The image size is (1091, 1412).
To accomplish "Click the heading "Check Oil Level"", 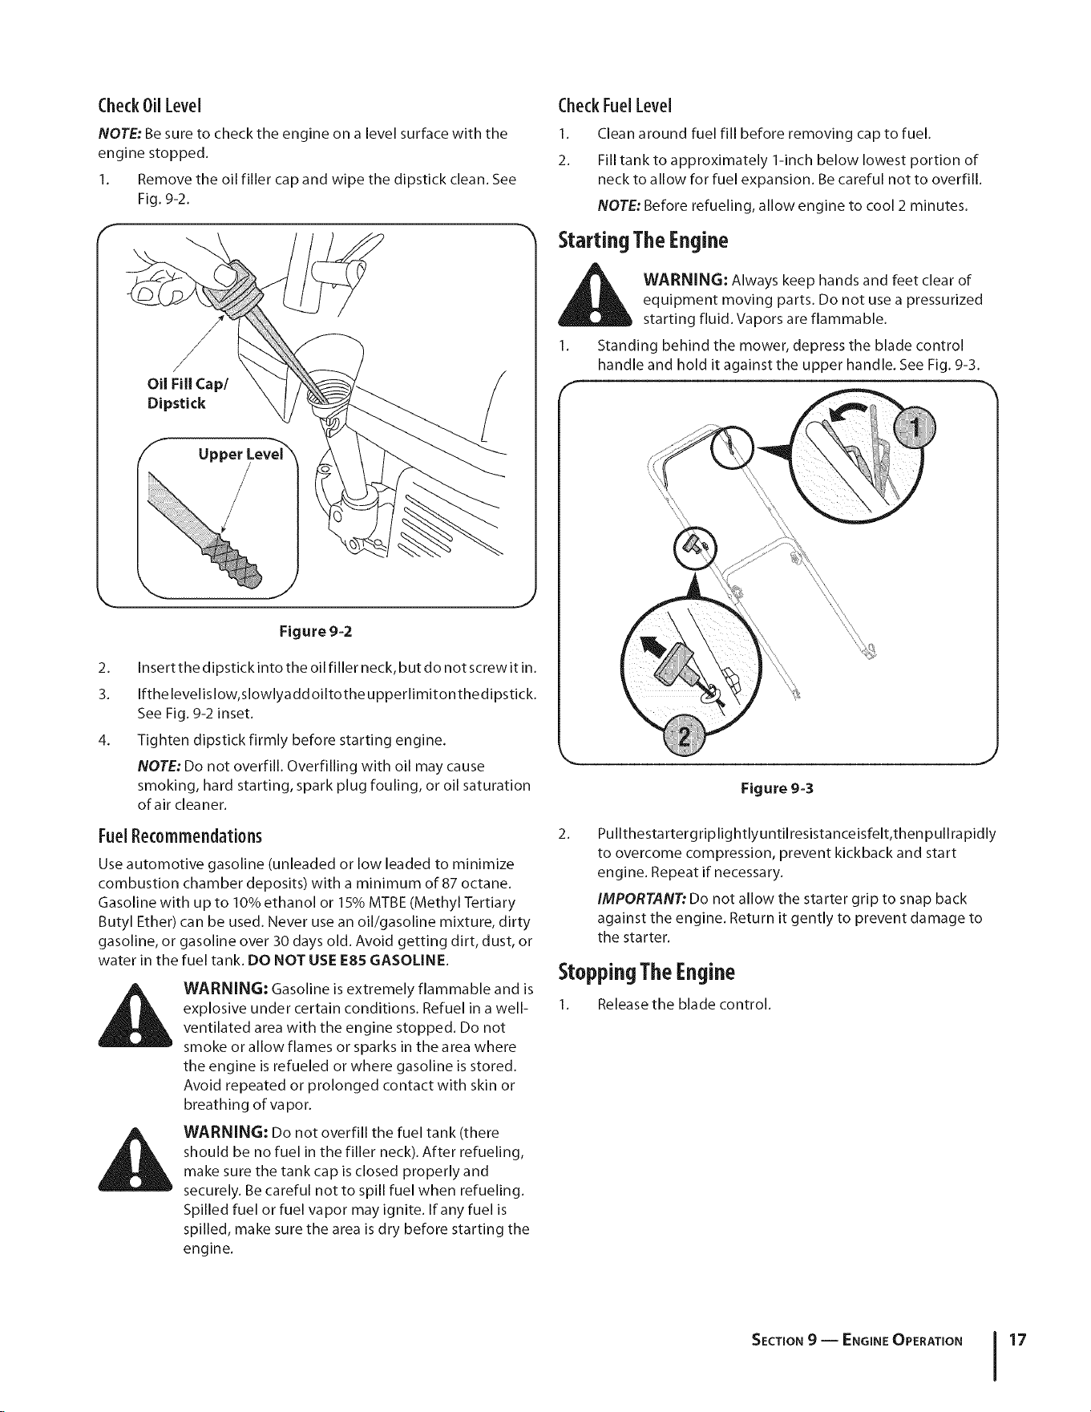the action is click(148, 106).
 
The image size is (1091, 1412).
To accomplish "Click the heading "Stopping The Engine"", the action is click(646, 973).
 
